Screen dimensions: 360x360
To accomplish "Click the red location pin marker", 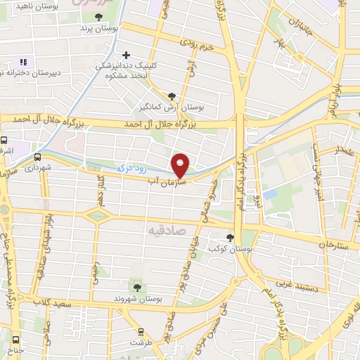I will [181, 165].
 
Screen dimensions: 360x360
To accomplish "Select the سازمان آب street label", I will [165, 181].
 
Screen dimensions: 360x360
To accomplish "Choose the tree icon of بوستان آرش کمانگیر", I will [173, 96].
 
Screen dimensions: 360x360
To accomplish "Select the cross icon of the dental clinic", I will [127, 55].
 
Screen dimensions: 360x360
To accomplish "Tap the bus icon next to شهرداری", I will [37, 157].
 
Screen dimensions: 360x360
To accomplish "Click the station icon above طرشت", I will [141, 331].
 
